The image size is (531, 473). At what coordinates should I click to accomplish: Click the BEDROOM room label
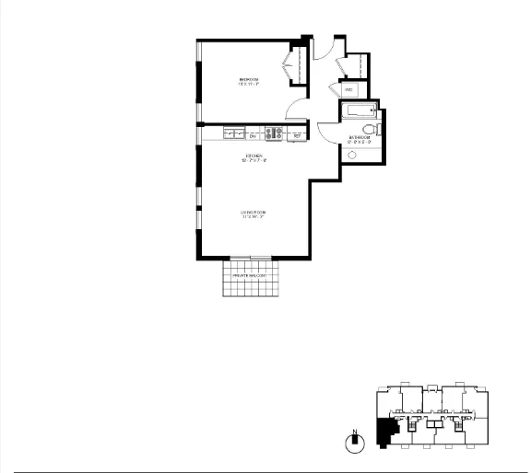(249, 82)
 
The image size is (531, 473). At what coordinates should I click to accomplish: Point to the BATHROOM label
(360, 140)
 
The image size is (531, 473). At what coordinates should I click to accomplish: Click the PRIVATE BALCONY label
(249, 275)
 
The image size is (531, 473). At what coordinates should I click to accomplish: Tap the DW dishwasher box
(253, 134)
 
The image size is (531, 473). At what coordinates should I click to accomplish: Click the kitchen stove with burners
(274, 134)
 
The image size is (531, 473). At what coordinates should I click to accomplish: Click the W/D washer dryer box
(348, 90)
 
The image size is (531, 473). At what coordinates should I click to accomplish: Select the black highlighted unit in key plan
(384, 433)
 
